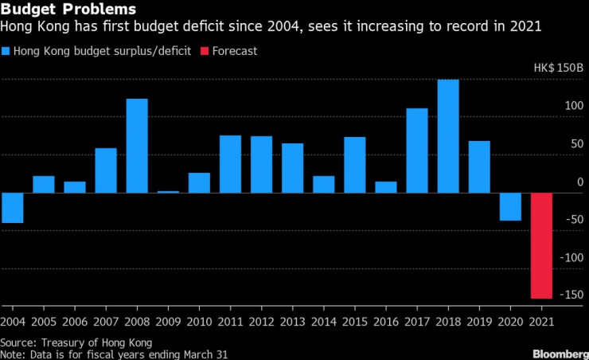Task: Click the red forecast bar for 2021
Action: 541,245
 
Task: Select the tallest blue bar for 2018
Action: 448,135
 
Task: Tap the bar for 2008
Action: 137,145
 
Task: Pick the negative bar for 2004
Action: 12,207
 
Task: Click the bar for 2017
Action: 417,150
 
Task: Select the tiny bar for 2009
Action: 168,191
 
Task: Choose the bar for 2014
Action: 323,184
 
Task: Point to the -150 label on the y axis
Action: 571,295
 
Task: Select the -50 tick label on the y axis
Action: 574,220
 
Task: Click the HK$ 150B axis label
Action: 558,68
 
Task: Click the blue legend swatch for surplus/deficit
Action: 6,51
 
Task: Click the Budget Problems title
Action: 68,10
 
